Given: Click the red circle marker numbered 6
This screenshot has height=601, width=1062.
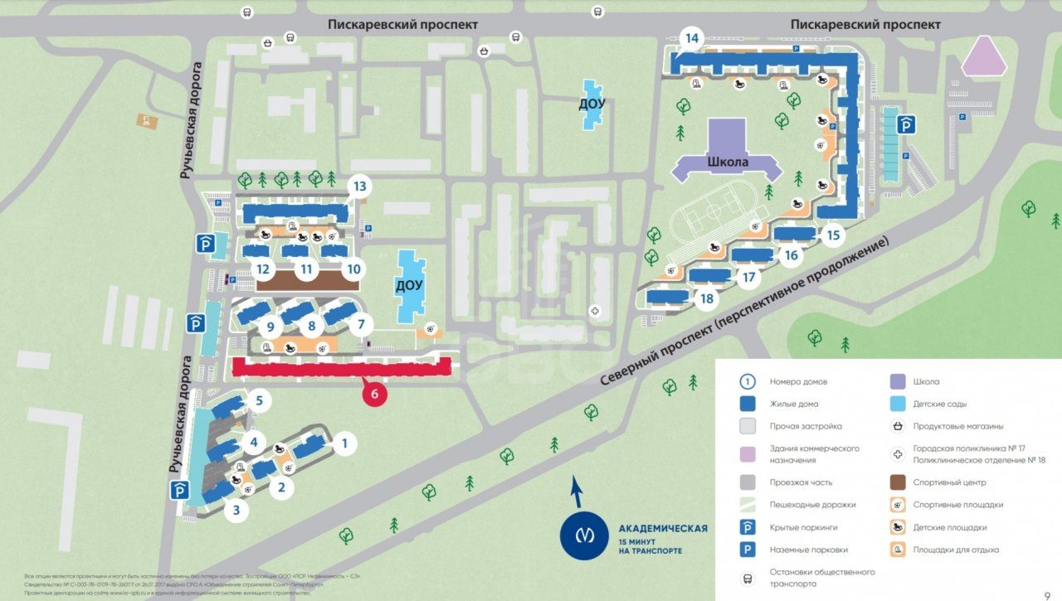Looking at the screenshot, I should click(374, 395).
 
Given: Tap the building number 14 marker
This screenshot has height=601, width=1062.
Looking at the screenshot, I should click(691, 38).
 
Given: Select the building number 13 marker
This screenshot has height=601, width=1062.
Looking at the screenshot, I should click(358, 187).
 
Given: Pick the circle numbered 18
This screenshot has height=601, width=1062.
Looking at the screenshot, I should click(707, 298).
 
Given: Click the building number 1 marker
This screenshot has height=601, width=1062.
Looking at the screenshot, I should click(344, 443).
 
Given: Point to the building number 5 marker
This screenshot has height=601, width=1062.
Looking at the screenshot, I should click(259, 402).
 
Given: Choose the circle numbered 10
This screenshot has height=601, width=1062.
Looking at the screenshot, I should click(354, 269).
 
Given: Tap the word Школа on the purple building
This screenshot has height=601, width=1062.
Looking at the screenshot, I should click(728, 162).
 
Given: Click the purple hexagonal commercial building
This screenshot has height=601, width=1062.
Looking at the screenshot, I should click(983, 57).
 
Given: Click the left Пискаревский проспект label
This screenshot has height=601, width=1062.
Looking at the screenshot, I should click(402, 25).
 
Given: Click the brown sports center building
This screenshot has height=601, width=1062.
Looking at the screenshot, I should click(307, 279).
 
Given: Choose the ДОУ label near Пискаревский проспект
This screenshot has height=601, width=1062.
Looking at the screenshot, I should click(592, 104).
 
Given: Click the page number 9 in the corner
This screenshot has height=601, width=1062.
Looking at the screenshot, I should click(1047, 594).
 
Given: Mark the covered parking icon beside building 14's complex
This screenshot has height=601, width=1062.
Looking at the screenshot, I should click(909, 125).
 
